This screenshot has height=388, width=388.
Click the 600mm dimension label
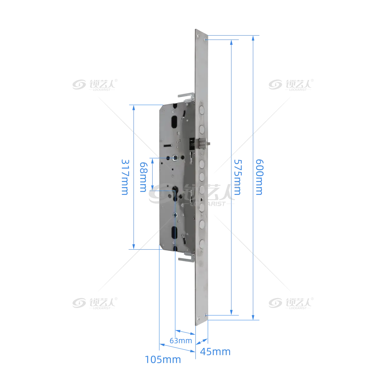point(259,177)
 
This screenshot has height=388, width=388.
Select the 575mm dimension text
point(238,177)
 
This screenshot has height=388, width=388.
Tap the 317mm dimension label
point(125,177)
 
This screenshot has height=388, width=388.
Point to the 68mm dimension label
point(144,177)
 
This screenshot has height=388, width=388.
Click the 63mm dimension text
point(181,340)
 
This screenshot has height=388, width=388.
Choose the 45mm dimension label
point(215,352)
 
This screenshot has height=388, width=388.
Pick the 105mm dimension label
point(163,360)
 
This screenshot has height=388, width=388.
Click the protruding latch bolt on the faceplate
point(204,144)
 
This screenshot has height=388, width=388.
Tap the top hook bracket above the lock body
point(186,97)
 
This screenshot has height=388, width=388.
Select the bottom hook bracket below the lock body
point(187,258)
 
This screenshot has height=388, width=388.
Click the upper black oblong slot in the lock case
point(174,122)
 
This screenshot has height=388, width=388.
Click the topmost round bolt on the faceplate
point(202,110)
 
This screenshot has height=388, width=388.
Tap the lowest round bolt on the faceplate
point(202,244)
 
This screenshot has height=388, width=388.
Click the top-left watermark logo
point(95,85)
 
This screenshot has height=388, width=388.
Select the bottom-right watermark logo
point(291,303)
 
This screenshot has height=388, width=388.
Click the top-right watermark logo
point(291,85)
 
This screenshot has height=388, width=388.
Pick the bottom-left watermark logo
point(95,303)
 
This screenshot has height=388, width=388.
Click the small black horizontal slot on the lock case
point(168,145)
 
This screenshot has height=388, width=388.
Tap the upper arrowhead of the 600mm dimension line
point(253,38)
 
